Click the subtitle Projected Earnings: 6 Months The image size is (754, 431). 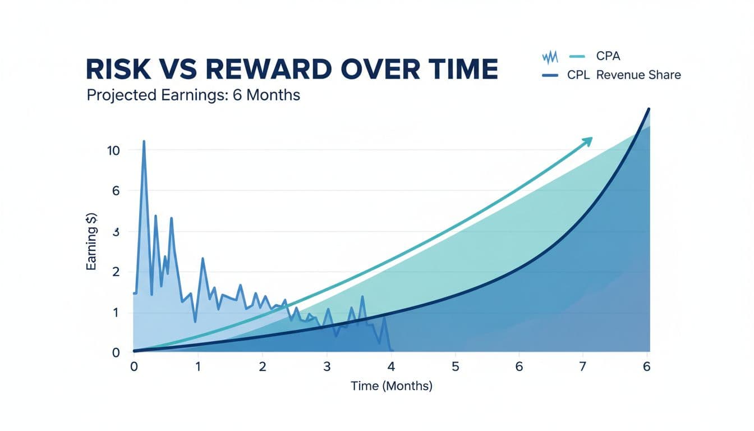coord(194,95)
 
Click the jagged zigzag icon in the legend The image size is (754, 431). coord(550,57)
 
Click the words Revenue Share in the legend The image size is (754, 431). coord(638,75)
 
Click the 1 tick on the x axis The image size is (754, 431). coord(198,366)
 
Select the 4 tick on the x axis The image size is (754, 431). coord(392,366)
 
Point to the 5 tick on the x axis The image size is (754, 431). coord(456,366)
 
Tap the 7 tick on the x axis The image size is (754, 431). coord(583,366)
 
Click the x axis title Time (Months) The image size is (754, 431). coord(392,386)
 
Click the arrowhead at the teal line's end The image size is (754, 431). coord(588,140)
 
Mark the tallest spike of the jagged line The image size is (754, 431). coord(144,142)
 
